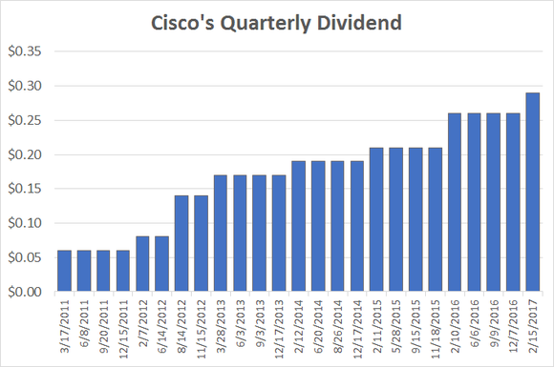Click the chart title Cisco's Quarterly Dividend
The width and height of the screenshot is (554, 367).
coord(277,21)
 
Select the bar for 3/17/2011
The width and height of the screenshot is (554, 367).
coord(65,271)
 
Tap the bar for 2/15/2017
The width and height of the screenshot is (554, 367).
coord(532,192)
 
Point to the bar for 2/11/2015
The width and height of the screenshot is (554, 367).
coord(376,219)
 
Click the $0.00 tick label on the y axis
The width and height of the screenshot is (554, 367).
coord(32,292)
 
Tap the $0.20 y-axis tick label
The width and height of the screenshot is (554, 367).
coord(32,154)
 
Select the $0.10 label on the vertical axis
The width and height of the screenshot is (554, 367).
coord(32,223)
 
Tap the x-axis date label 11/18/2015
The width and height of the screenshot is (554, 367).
coord(436,329)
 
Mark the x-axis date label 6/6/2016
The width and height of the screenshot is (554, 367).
coord(474,323)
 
